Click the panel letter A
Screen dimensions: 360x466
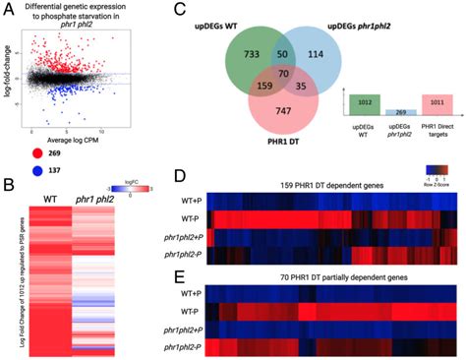(9, 10)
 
